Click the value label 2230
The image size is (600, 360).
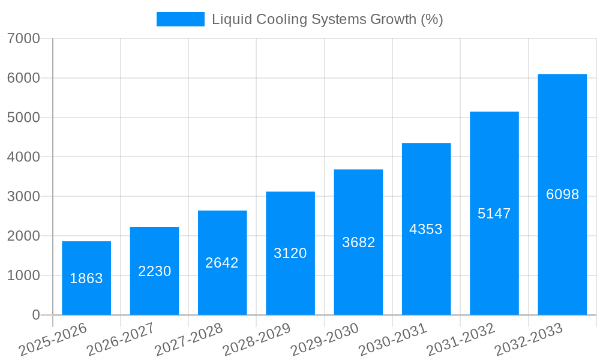click(154, 271)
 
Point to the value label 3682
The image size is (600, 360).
click(358, 242)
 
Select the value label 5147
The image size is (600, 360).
click(494, 214)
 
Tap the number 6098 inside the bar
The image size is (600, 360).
click(562, 194)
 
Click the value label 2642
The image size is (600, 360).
click(222, 263)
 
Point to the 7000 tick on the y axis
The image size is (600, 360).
click(23, 38)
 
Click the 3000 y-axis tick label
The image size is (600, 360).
click(23, 196)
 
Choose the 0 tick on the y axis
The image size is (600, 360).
click(36, 315)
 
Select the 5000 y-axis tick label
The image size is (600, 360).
click(23, 118)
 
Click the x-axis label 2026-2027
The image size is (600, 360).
click(121, 339)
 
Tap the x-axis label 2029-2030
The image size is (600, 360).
click(325, 339)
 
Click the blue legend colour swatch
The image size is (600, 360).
click(180, 19)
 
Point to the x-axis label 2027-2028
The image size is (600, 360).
click(188, 339)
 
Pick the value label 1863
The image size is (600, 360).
click(86, 278)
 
